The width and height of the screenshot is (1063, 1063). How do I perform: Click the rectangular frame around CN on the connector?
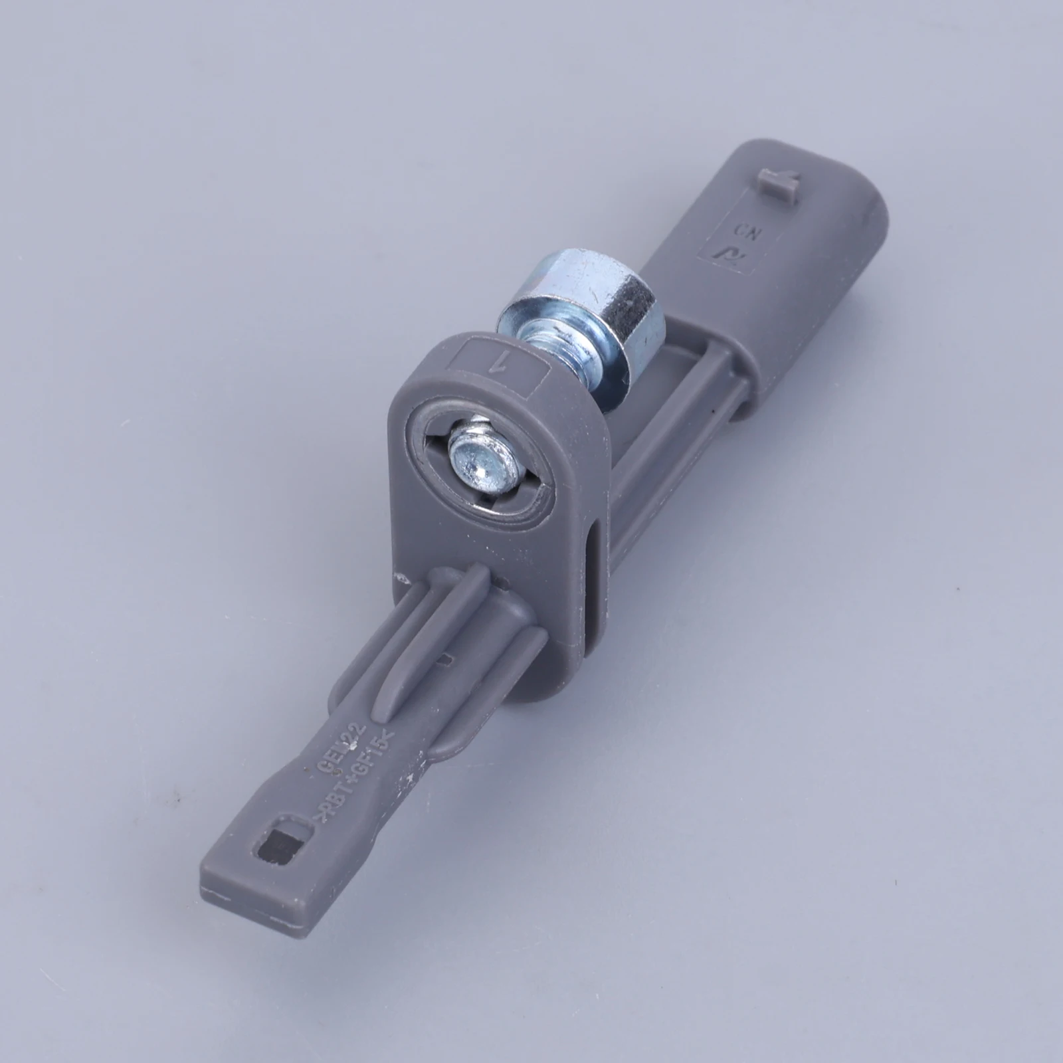(x=734, y=242)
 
